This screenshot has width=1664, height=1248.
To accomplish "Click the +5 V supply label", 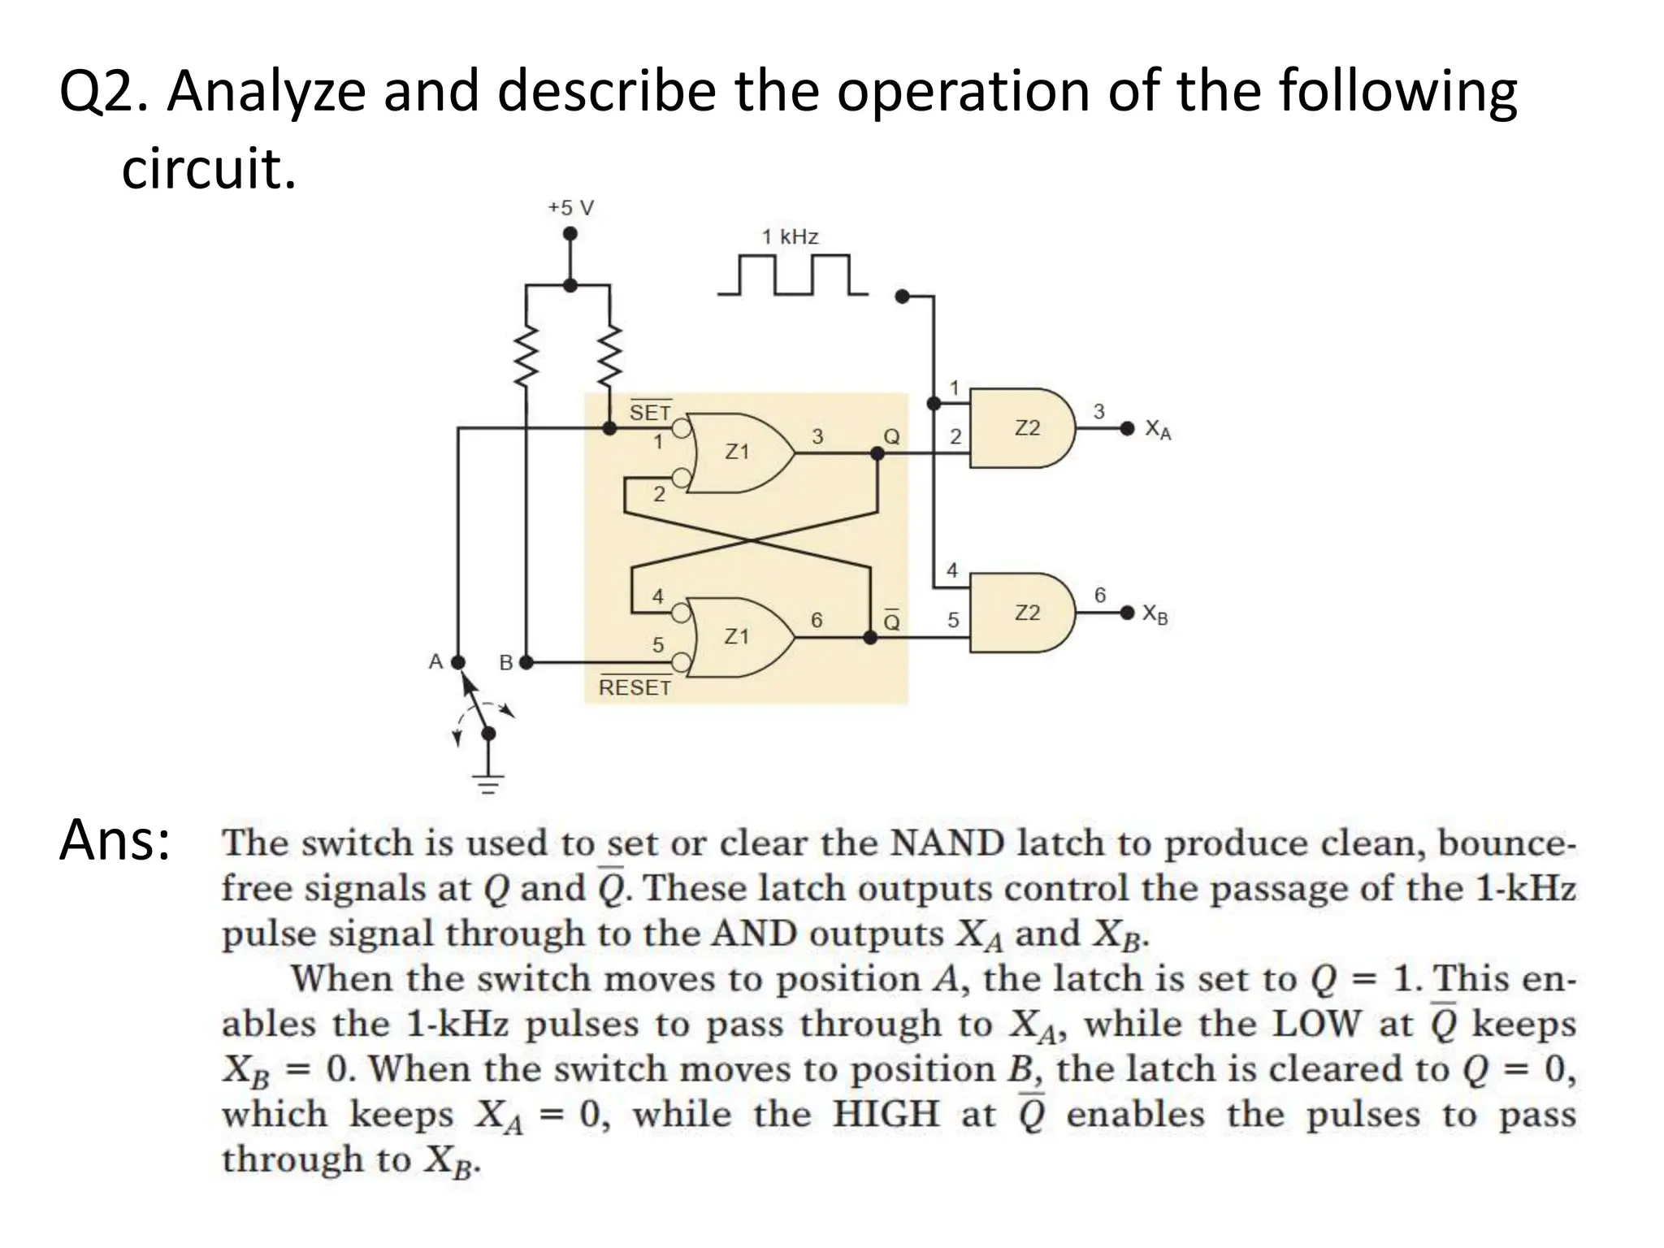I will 570,208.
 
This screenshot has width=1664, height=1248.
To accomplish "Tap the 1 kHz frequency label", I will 790,237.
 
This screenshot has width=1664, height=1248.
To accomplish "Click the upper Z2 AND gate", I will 1025,428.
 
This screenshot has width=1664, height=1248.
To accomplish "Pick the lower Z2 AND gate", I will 1025,613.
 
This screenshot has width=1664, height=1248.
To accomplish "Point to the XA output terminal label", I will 1158,429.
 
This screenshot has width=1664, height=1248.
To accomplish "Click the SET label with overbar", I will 650,412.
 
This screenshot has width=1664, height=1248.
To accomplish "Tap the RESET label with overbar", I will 635,687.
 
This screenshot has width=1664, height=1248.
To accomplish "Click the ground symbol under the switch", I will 488,782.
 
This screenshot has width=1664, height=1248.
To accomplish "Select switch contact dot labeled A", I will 458,662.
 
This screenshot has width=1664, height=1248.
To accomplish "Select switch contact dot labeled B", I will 526,662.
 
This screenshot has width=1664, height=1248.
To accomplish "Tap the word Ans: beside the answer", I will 114,841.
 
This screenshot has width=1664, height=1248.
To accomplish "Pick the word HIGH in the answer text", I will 886,1114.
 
